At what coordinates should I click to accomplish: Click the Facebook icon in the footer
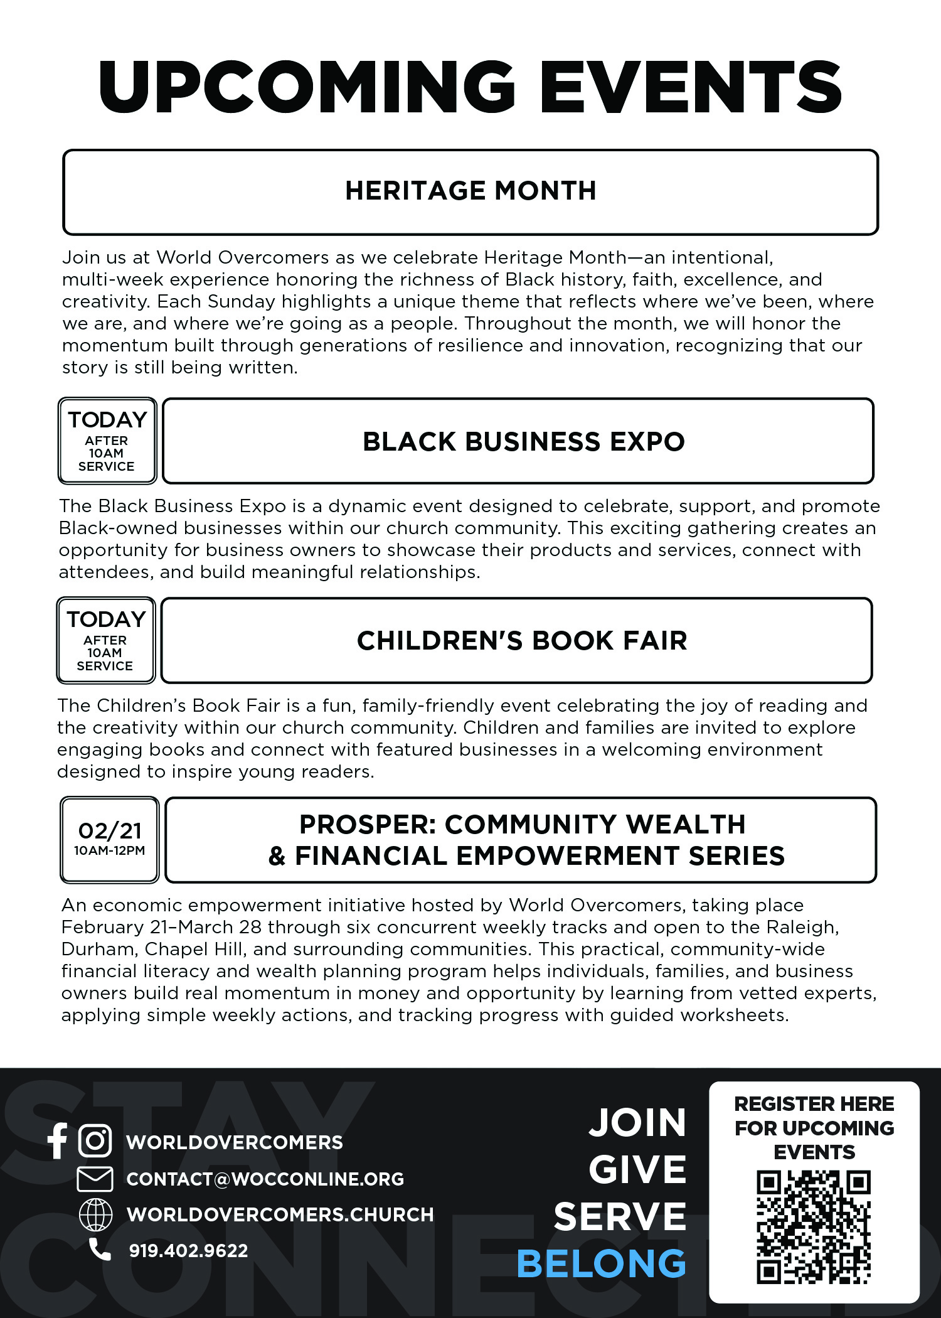tap(58, 1140)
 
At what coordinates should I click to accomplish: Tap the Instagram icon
tap(95, 1140)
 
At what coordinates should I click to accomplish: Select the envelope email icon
tap(95, 1179)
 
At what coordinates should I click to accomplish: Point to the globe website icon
tap(95, 1214)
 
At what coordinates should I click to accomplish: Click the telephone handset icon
tap(99, 1250)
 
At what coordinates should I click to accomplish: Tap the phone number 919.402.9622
tap(188, 1251)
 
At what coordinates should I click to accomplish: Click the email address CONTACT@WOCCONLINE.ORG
tap(265, 1179)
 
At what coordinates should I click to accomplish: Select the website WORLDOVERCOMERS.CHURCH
tap(280, 1214)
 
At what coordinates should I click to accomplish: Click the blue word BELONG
tap(601, 1263)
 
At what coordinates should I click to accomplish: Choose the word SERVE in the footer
tap(620, 1217)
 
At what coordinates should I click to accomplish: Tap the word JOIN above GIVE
tap(637, 1123)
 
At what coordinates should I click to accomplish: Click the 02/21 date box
tap(110, 840)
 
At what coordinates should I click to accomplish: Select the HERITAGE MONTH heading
tap(470, 191)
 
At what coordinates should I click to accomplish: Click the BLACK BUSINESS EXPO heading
tap(523, 442)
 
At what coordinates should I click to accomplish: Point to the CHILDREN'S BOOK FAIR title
tap(522, 641)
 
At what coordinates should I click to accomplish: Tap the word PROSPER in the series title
tap(366, 825)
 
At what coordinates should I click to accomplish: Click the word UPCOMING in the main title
tap(307, 87)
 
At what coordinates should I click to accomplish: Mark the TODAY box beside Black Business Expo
tap(107, 441)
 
